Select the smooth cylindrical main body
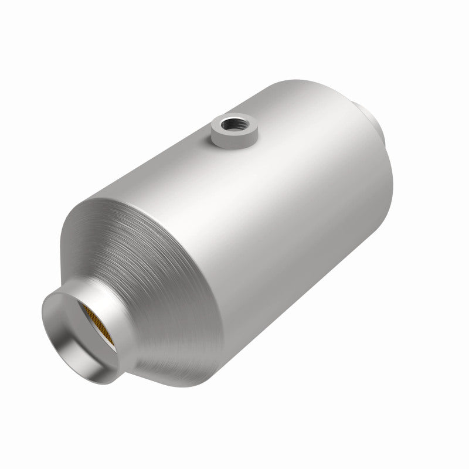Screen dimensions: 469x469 point(264,205)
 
